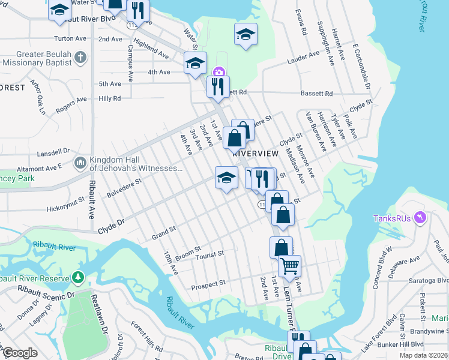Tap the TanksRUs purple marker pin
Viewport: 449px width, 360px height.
[x=420, y=218]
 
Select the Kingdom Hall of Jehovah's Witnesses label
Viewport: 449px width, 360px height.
[x=135, y=164]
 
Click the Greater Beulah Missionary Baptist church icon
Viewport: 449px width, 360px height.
[x=79, y=59]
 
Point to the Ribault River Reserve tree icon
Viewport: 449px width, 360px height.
[x=77, y=278]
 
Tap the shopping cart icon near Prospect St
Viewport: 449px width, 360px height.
[x=289, y=265]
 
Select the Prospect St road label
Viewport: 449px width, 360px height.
[x=208, y=283]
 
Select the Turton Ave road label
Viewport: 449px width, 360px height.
[x=67, y=38]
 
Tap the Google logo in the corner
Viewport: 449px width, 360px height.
[x=20, y=353]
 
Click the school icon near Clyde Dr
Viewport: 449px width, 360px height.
[x=225, y=178]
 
